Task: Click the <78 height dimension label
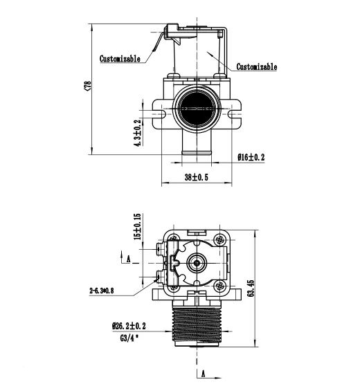click(x=88, y=86)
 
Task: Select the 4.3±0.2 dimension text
click(x=138, y=133)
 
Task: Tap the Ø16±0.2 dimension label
click(x=251, y=157)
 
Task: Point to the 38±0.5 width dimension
click(x=197, y=177)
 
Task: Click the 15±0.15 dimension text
click(x=137, y=226)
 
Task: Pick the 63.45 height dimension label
click(x=251, y=289)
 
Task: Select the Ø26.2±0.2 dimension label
click(x=129, y=326)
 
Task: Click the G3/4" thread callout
click(x=129, y=338)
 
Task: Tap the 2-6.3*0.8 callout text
click(x=102, y=291)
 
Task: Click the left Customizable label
click(x=120, y=59)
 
